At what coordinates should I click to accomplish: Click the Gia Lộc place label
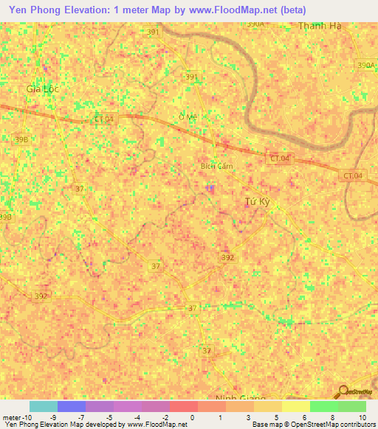pyautogui.click(x=42, y=88)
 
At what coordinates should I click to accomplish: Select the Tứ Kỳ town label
pyautogui.click(x=257, y=201)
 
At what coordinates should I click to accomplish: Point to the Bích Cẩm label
pyautogui.click(x=217, y=166)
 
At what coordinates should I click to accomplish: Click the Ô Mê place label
pyautogui.click(x=189, y=117)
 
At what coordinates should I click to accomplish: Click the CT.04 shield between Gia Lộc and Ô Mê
pyautogui.click(x=104, y=119)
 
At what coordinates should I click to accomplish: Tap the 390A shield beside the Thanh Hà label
pyautogui.click(x=255, y=24)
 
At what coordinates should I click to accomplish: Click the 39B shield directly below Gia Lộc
pyautogui.click(x=21, y=139)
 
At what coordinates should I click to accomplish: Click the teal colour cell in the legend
pyautogui.click(x=44, y=406)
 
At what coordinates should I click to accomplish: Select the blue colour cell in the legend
pyautogui.click(x=72, y=406)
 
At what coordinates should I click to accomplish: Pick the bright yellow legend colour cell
pyautogui.click(x=296, y=406)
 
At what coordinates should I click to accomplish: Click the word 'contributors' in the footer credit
pyautogui.click(x=354, y=425)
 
